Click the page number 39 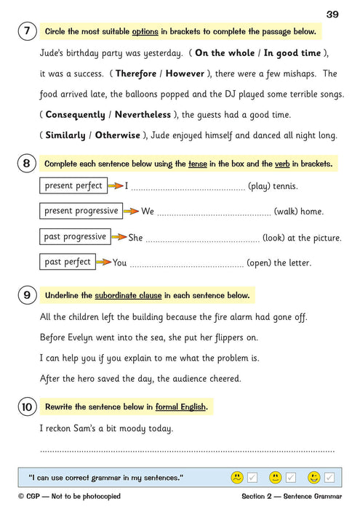(x=332, y=15)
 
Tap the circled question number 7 (x=26, y=32)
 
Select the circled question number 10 (x=26, y=406)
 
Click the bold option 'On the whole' (x=223, y=53)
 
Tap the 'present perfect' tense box (x=73, y=186)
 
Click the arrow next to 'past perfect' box (x=104, y=262)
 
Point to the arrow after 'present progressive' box (x=131, y=212)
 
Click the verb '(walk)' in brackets (x=286, y=212)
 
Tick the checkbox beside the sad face (x=252, y=478)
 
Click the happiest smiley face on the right (x=313, y=478)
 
